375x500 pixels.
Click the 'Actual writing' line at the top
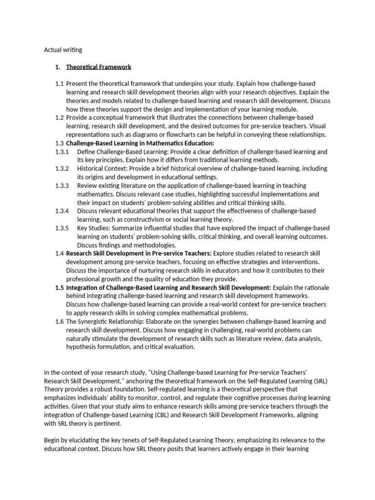(x=63, y=49)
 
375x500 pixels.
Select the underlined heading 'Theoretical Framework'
(x=99, y=66)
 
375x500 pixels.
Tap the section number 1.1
(x=60, y=83)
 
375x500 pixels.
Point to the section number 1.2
(x=60, y=118)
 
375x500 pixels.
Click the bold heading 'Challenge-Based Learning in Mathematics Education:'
(x=140, y=143)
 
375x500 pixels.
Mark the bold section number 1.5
(x=60, y=288)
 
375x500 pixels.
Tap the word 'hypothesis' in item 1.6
(x=83, y=347)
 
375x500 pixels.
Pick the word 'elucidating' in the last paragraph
(x=80, y=440)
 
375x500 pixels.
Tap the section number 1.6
(x=60, y=321)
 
